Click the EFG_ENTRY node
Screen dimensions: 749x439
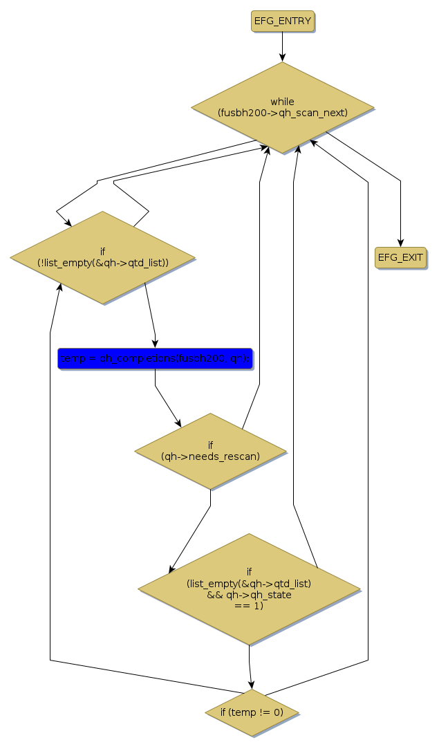tap(282, 21)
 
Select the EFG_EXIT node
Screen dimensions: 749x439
tap(400, 257)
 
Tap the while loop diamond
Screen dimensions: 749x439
tap(282, 107)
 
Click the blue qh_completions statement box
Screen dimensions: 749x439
tap(155, 358)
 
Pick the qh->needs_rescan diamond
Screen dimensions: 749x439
tap(210, 451)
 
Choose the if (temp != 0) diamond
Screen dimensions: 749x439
tap(252, 712)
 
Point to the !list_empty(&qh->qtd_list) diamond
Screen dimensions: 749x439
tap(102, 257)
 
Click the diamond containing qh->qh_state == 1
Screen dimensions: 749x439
tap(249, 589)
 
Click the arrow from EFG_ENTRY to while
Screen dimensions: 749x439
tap(282, 47)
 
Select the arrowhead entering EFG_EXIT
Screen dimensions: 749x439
tap(400, 242)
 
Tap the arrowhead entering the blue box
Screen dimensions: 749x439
tap(155, 344)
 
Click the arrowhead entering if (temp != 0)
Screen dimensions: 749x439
tap(252, 685)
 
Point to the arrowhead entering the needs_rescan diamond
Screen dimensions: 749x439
tap(179, 423)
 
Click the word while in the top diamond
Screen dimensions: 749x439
tap(282, 102)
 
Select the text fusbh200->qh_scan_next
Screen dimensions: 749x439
tap(283, 112)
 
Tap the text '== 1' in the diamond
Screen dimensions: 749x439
tap(249, 605)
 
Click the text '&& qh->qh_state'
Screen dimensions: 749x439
tap(249, 595)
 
